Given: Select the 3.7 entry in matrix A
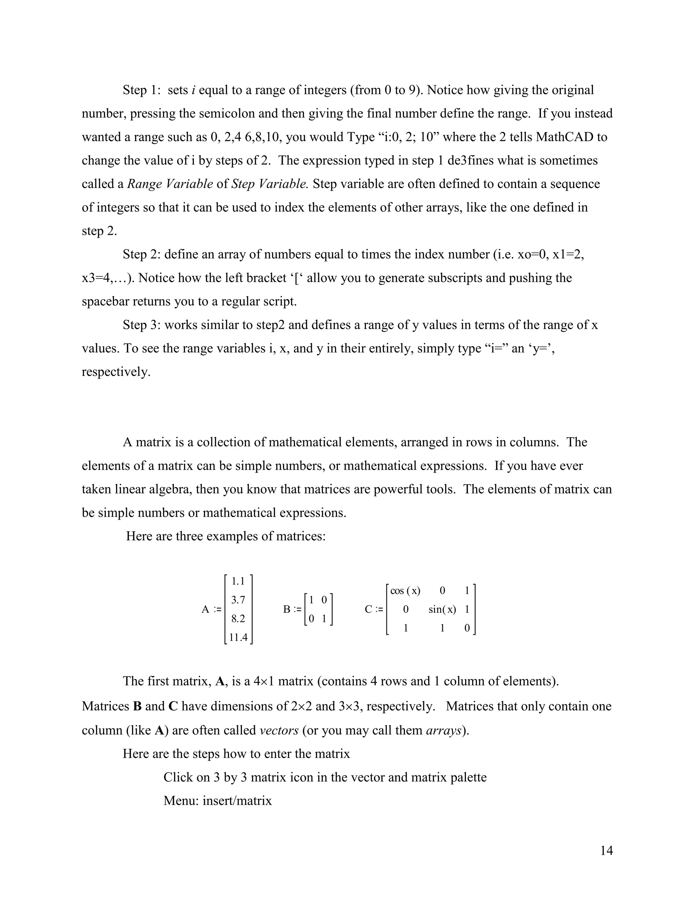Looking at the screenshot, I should tap(238, 600).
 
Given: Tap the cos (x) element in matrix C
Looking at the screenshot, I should tap(405, 591).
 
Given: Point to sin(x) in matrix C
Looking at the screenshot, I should tap(442, 609).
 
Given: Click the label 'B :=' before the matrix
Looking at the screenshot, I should tap(292, 609).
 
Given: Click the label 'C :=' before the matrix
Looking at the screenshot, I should tap(374, 609).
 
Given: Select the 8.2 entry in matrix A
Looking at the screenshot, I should tap(238, 619).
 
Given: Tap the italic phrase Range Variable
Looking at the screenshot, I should tap(170, 184).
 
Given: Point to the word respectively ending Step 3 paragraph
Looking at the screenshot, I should tap(116, 372).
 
